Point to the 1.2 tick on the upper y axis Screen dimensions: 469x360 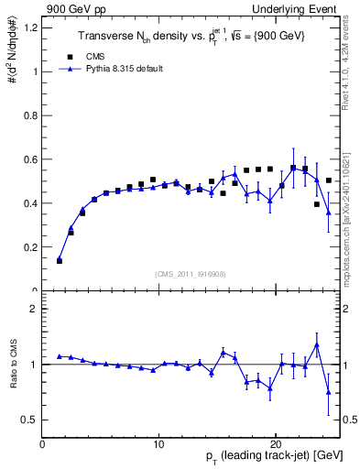point(31,27)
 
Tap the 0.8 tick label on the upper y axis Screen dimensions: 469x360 point(31,115)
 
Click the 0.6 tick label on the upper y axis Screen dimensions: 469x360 point(31,159)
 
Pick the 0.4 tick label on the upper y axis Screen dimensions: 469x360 point(31,203)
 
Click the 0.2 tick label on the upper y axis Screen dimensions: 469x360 point(31,247)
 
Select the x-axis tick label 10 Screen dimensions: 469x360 point(158,443)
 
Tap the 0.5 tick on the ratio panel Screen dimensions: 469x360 point(31,420)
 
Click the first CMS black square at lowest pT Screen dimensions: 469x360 point(60,261)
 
